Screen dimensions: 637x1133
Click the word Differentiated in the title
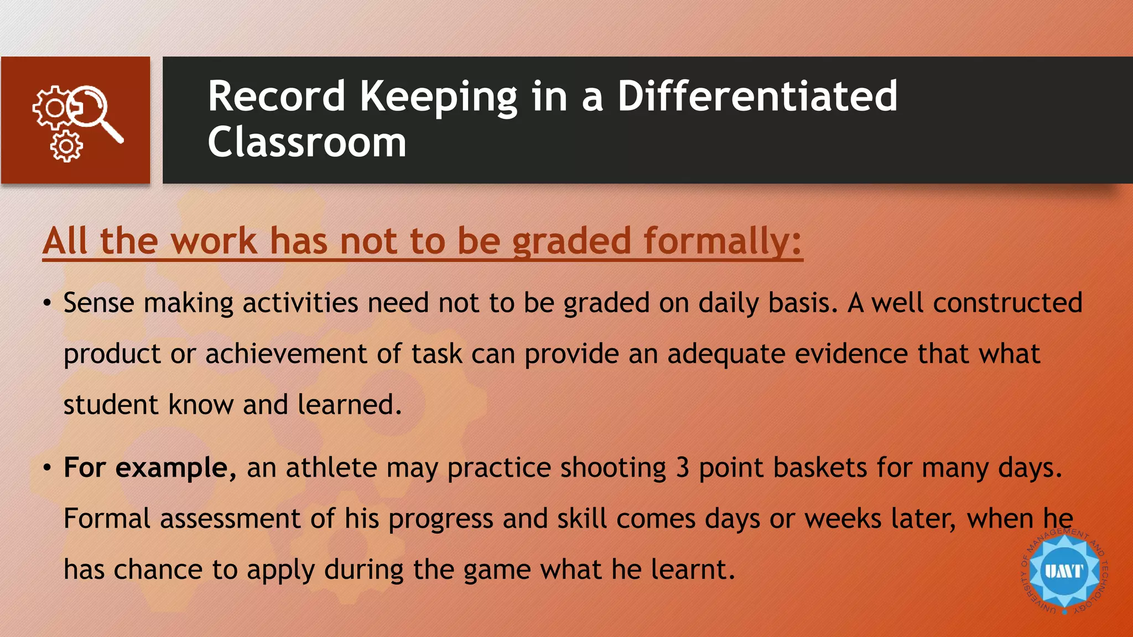click(x=757, y=96)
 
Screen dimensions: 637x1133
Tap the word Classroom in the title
click(x=307, y=143)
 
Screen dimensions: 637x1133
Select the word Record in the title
click(x=277, y=96)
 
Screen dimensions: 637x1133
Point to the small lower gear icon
click(x=66, y=147)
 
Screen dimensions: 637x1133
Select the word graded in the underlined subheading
click(x=571, y=241)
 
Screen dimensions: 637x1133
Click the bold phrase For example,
click(x=150, y=468)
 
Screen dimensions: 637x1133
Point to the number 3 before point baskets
click(x=683, y=468)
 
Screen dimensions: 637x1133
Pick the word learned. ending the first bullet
click(x=349, y=405)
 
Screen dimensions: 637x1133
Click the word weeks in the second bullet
click(x=843, y=519)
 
